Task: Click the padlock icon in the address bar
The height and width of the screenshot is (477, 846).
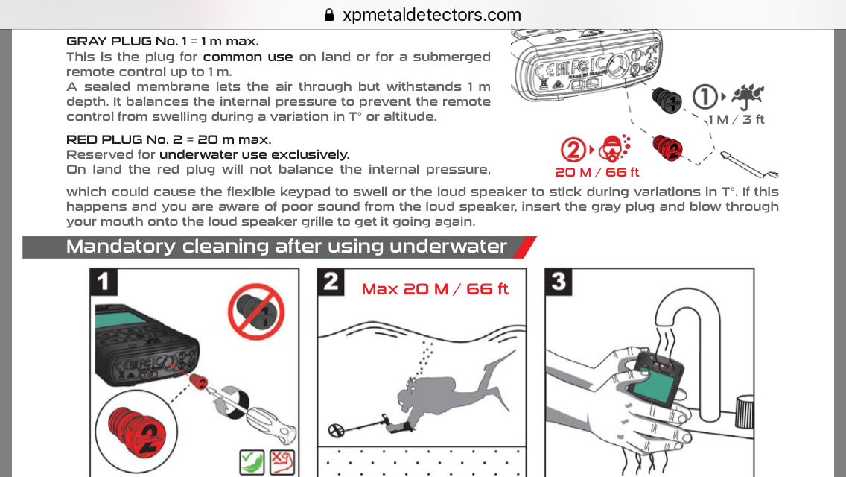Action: pos(329,15)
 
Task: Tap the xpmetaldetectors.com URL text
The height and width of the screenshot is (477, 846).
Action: pos(432,15)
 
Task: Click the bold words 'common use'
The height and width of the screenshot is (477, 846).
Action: pos(248,57)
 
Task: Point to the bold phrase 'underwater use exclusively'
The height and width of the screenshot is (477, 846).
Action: pos(254,154)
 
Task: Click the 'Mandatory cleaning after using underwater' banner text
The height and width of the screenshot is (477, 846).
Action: pos(286,247)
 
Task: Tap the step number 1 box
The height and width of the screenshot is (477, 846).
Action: pos(103,282)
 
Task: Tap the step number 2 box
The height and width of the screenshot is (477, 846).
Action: pos(330,282)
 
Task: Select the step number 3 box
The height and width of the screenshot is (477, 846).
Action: pos(558,282)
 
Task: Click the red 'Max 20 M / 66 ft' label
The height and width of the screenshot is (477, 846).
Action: pos(435,289)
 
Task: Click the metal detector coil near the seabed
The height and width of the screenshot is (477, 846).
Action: pos(337,430)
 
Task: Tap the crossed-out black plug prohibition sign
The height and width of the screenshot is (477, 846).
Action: pos(255,312)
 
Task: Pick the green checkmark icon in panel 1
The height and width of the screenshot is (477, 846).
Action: pos(252,463)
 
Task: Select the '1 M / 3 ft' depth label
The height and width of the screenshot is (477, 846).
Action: pos(737,119)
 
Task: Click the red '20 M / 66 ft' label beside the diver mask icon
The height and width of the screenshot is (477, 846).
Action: pos(597,172)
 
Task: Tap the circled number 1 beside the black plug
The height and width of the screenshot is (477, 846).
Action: pos(704,97)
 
